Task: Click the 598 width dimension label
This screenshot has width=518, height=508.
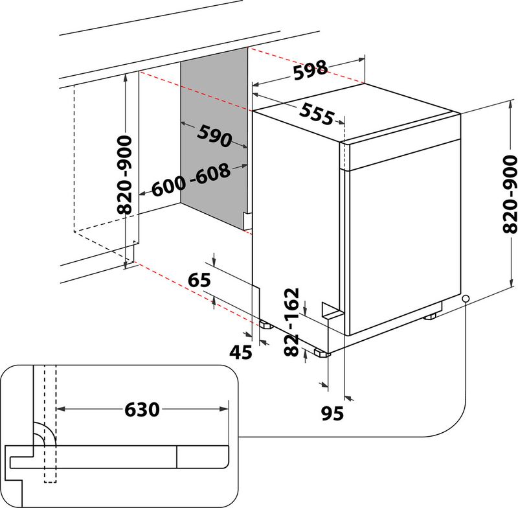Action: (311, 71)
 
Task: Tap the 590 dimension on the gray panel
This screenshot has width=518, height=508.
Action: (214, 137)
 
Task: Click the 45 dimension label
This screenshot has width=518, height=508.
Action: (241, 352)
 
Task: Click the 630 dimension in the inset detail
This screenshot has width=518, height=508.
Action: (142, 410)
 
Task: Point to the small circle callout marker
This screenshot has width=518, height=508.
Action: (466, 299)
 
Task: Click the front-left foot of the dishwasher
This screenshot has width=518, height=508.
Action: (322, 353)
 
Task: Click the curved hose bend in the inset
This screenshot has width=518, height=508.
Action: (45, 433)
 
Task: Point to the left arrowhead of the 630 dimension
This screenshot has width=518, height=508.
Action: (61, 409)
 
